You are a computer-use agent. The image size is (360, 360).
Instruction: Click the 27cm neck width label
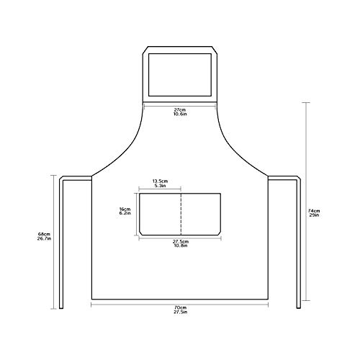tap(180, 110)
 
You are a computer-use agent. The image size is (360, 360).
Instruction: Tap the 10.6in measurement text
tap(180, 114)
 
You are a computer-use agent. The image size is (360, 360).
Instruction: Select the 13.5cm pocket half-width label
tap(160, 181)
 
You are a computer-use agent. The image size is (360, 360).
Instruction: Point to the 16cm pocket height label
tap(125, 210)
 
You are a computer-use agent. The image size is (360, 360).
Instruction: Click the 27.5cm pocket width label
tap(181, 242)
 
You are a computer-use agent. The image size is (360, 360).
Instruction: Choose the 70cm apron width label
tap(181, 307)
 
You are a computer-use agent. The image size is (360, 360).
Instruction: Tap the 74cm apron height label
tap(314, 211)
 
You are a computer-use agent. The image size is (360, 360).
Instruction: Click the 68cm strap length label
tap(44, 234)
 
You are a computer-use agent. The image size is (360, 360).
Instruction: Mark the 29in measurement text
tap(314, 215)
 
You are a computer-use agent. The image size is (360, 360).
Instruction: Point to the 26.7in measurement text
tap(44, 238)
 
